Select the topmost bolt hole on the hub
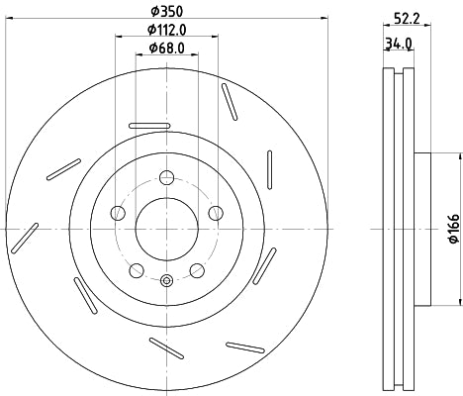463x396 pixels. pyautogui.click(x=166, y=178)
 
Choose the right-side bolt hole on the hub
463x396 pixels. pyautogui.click(x=215, y=212)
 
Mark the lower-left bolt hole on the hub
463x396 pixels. pyautogui.click(x=137, y=268)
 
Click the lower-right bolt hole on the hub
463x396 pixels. pyautogui.click(x=196, y=268)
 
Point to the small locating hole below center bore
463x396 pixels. pyautogui.click(x=166, y=280)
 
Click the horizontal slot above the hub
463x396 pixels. pyautogui.click(x=147, y=124)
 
